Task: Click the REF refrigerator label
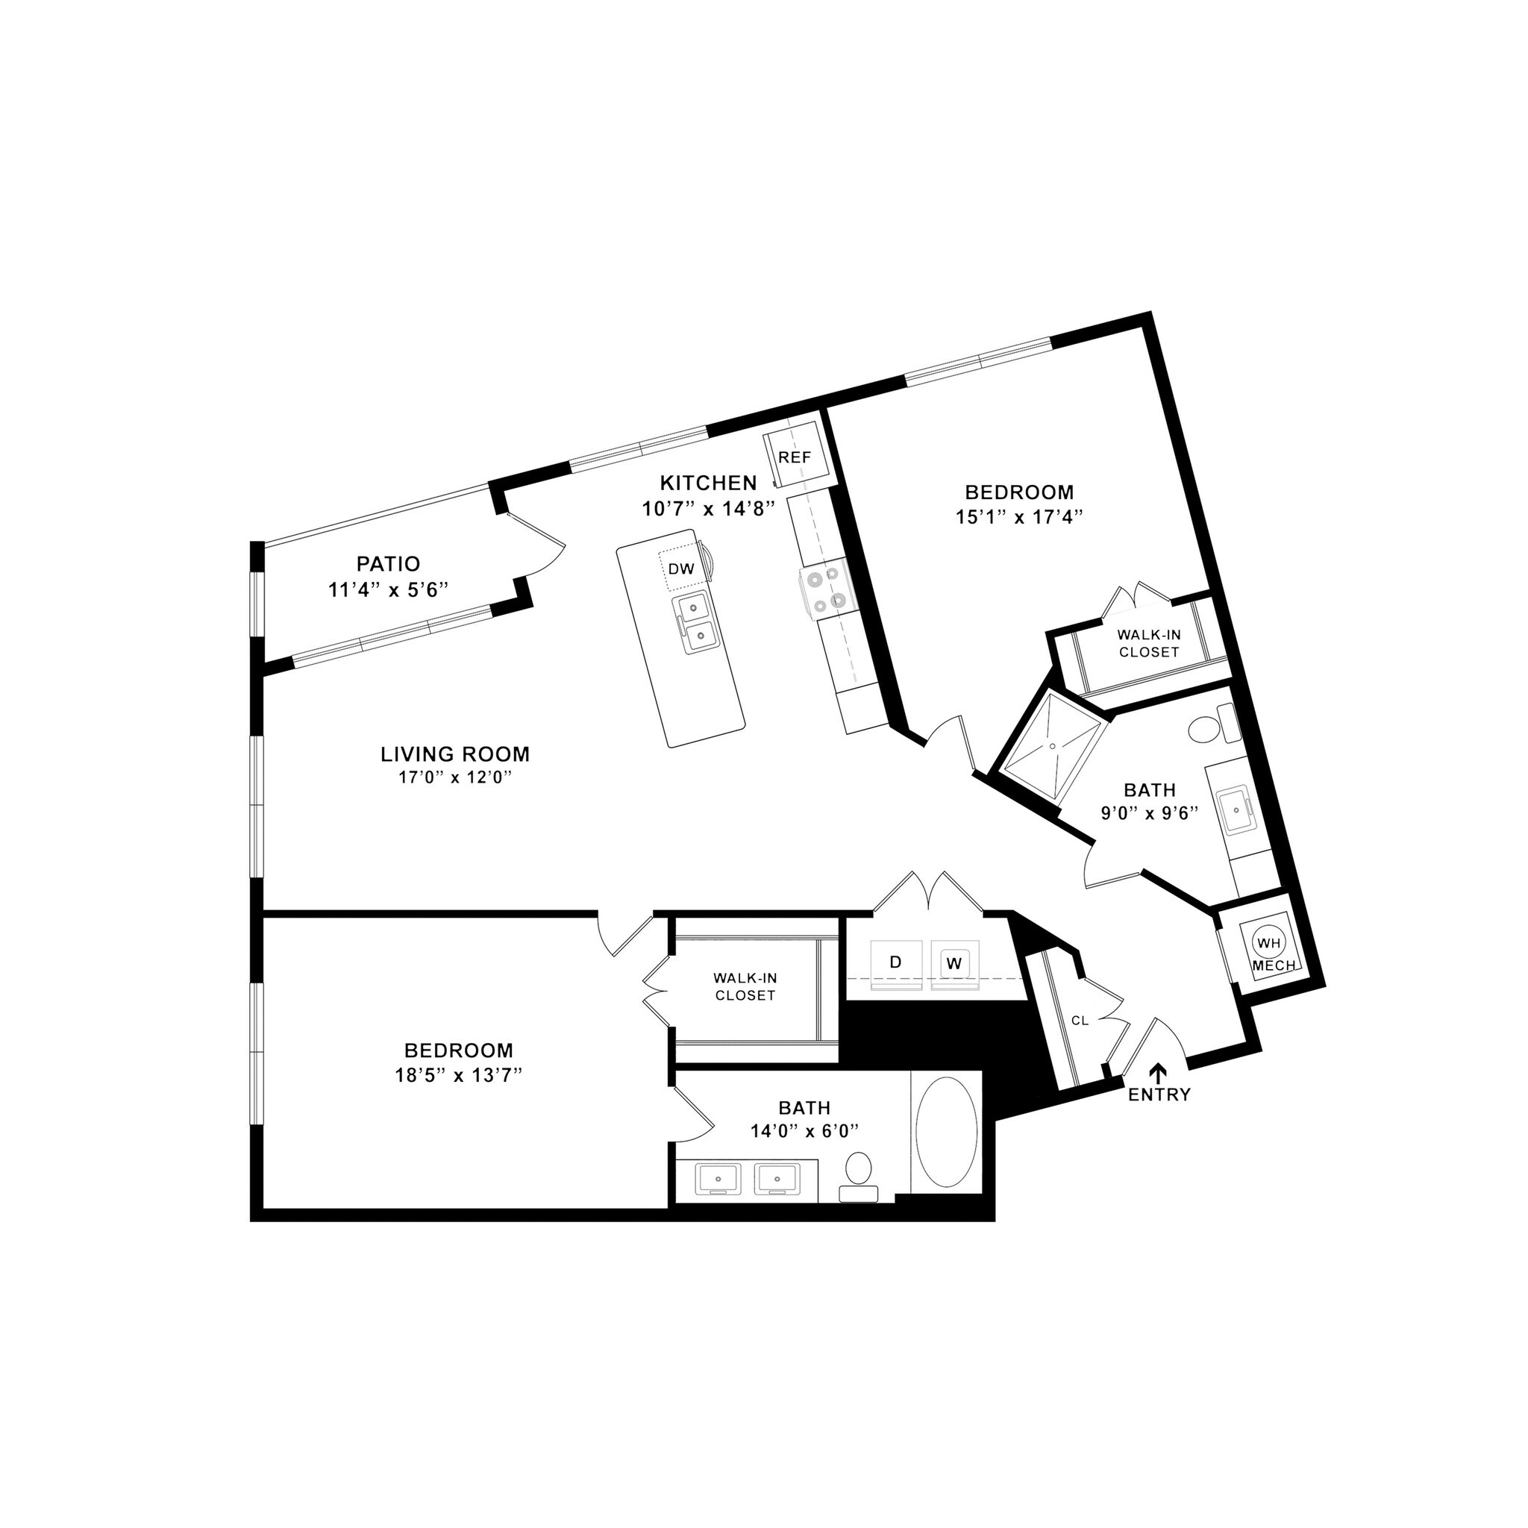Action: pos(795,458)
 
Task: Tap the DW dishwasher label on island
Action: pos(681,569)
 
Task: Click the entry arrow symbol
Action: pos(1159,1072)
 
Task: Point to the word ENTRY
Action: pos(1159,1095)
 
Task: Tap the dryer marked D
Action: pos(895,962)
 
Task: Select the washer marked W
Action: pos(954,964)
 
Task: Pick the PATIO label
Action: pos(387,564)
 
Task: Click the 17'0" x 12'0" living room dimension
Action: pos(455,778)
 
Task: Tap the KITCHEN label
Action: pos(709,483)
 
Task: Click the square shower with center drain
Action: pos(1053,743)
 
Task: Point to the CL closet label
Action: pos(1080,1021)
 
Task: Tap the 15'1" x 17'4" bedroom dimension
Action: pos(1018,517)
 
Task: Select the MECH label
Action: pos(1274,965)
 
